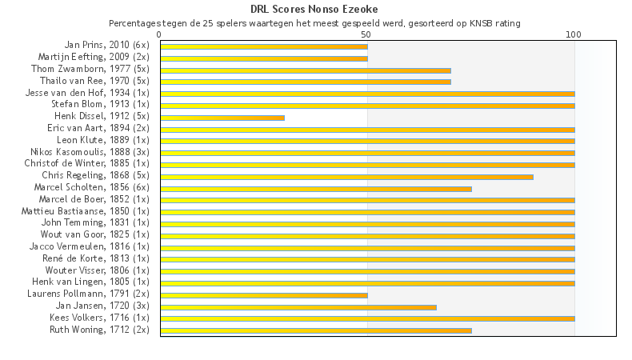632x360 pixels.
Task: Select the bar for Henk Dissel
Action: coord(222,118)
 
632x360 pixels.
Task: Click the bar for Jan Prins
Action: coord(264,46)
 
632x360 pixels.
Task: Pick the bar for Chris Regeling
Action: coord(346,176)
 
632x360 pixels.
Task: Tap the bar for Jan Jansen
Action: coord(298,306)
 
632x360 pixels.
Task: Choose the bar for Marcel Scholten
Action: coord(316,188)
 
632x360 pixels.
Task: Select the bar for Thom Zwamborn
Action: coord(306,70)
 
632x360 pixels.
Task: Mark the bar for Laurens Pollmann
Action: coord(264,294)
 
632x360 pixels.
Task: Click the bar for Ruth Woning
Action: coord(316,330)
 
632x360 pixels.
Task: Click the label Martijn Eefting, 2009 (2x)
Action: coord(94,57)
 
